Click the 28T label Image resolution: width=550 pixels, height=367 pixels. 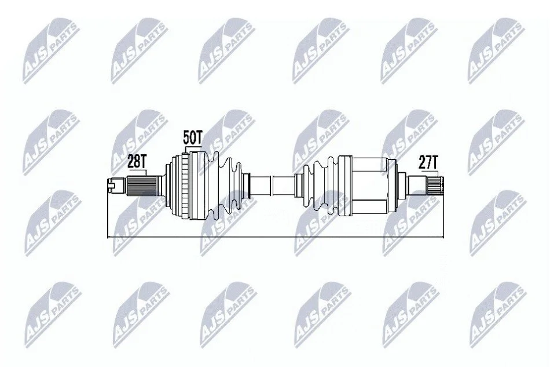pyautogui.click(x=137, y=162)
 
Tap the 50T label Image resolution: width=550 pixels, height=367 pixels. pyautogui.click(x=193, y=137)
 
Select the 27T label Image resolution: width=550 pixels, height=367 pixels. pyautogui.click(x=428, y=162)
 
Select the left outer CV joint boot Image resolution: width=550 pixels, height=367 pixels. pyautogui.click(x=224, y=186)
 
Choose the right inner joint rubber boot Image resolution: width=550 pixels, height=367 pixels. pyautogui.click(x=321, y=186)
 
